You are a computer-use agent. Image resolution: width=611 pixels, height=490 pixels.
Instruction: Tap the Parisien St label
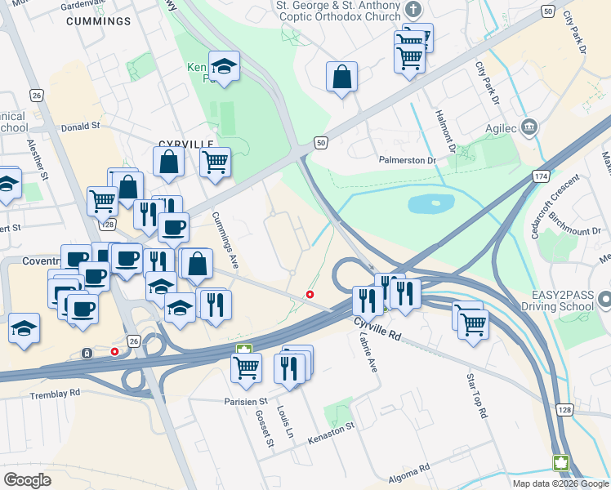pyautogui.click(x=247, y=402)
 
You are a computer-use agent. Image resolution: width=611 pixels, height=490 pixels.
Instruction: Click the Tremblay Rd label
pyautogui.click(x=52, y=392)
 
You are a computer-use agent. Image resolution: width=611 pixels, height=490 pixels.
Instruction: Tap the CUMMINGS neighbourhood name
pyautogui.click(x=98, y=20)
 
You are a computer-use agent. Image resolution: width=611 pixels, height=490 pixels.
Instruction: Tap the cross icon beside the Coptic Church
pyautogui.click(x=415, y=10)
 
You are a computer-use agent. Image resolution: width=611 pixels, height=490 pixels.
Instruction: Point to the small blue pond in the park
pyautogui.click(x=430, y=203)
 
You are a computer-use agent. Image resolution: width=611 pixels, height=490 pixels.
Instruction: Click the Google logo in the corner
pyautogui.click(x=28, y=479)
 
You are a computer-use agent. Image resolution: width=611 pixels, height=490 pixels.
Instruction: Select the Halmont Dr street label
pyautogui.click(x=446, y=131)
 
